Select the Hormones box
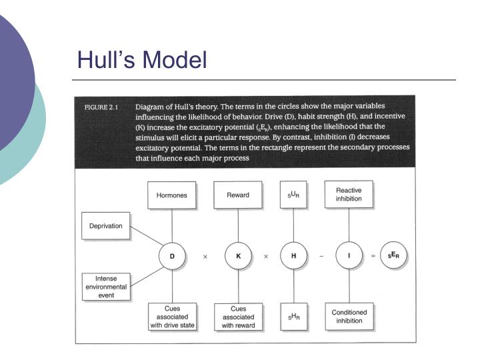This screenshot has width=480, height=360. (171, 195)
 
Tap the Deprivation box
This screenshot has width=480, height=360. (106, 226)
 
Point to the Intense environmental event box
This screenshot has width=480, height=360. (106, 286)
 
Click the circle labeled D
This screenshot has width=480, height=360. (171, 256)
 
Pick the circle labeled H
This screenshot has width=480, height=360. (293, 256)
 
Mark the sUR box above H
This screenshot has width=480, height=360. (293, 195)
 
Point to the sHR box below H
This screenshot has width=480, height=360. (293, 317)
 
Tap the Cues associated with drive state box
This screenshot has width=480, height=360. (171, 317)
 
